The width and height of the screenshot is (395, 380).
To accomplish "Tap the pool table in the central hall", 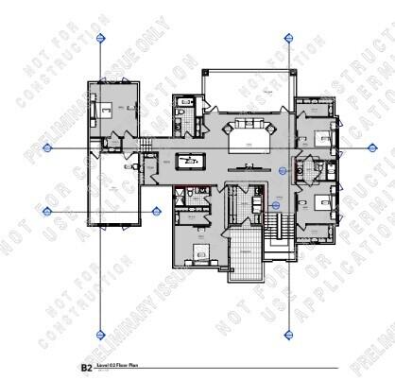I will click(x=192, y=160).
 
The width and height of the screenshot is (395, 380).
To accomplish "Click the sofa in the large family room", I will click(x=249, y=129).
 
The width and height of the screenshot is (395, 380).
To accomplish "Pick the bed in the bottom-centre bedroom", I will click(x=199, y=251).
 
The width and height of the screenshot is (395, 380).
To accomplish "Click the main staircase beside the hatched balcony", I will click(x=275, y=226).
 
